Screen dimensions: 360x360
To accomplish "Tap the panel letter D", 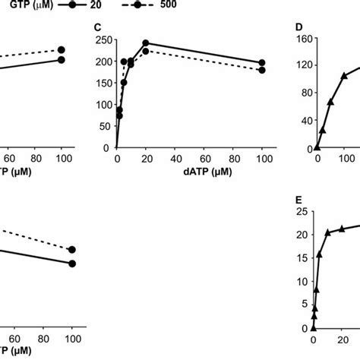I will pyautogui.click(x=299, y=28).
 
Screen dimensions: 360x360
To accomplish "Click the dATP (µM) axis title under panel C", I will pyautogui.click(x=190, y=172).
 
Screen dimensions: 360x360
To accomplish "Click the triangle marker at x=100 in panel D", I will pyautogui.click(x=344, y=76).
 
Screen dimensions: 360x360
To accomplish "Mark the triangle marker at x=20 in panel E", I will pyautogui.click(x=342, y=228).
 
